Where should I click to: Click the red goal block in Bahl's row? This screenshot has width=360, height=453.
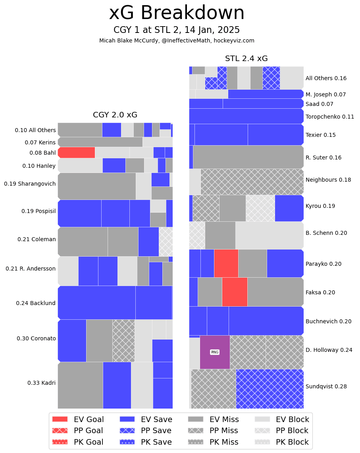(x=76, y=153)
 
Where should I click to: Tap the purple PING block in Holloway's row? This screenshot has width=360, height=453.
(x=215, y=352)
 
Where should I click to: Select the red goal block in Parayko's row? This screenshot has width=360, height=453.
(x=226, y=263)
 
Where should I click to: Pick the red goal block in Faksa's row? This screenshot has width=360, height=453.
(x=235, y=292)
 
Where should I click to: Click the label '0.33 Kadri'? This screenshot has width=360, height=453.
(x=41, y=383)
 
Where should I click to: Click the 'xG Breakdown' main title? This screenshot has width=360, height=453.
(x=177, y=13)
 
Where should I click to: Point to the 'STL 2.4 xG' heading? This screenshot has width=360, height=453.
(x=246, y=59)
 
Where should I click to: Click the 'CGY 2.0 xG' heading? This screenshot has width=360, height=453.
(x=115, y=115)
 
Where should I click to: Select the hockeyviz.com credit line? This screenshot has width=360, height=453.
(x=177, y=40)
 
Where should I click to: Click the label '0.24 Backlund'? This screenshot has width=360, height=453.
(x=36, y=303)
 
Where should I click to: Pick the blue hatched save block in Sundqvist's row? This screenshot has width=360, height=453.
(x=270, y=389)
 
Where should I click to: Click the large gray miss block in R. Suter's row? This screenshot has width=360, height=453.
(x=248, y=157)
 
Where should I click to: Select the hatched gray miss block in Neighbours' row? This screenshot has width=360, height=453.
(x=252, y=182)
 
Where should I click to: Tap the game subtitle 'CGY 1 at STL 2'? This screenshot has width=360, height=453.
(x=177, y=30)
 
